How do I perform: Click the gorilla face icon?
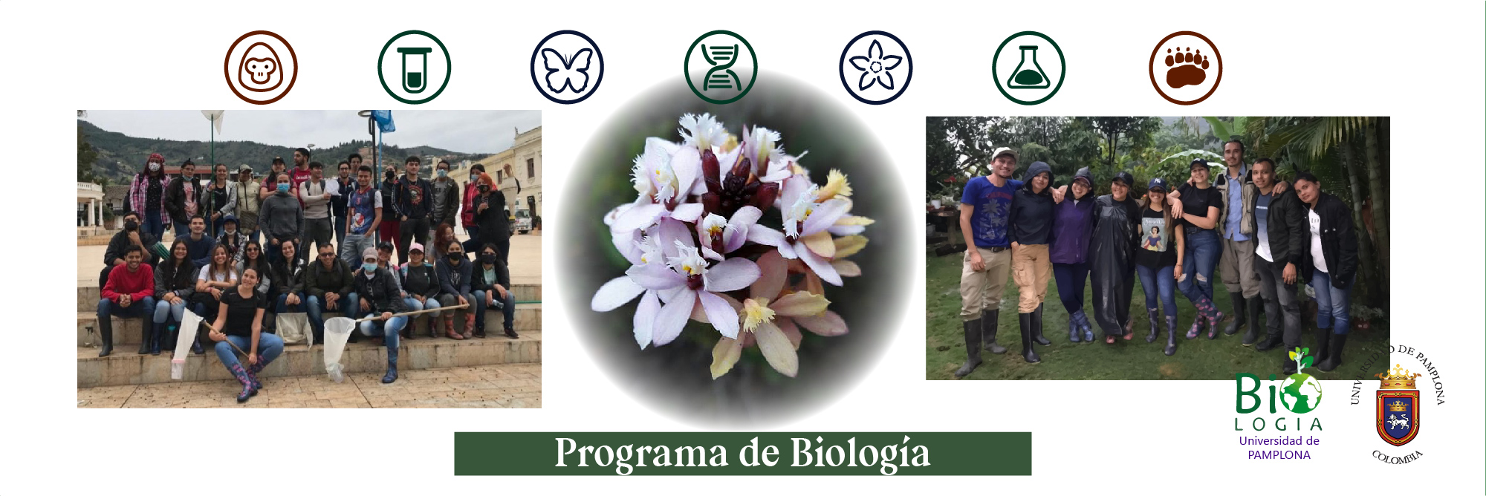pos(261,68)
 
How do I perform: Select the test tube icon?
pos(414,68)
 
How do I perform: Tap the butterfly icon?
pos(567,68)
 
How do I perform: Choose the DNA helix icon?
pos(721,68)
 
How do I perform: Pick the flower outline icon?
pos(876,68)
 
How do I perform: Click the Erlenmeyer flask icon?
pos(1029,68)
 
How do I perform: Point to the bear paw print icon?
pos(1186,68)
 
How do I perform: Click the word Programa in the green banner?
pos(640,454)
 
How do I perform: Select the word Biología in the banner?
pos(860,454)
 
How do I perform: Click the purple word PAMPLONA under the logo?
pos(1279,455)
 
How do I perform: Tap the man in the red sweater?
pos(128,297)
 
